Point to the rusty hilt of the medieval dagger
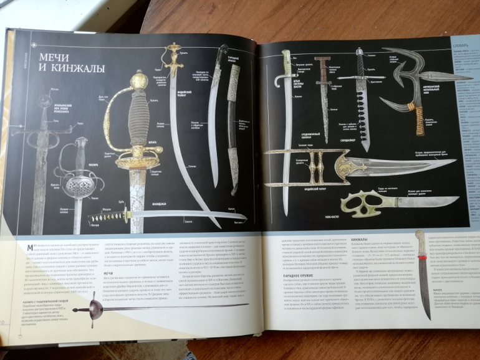(x=323, y=69)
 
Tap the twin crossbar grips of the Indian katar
(x=318, y=168)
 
